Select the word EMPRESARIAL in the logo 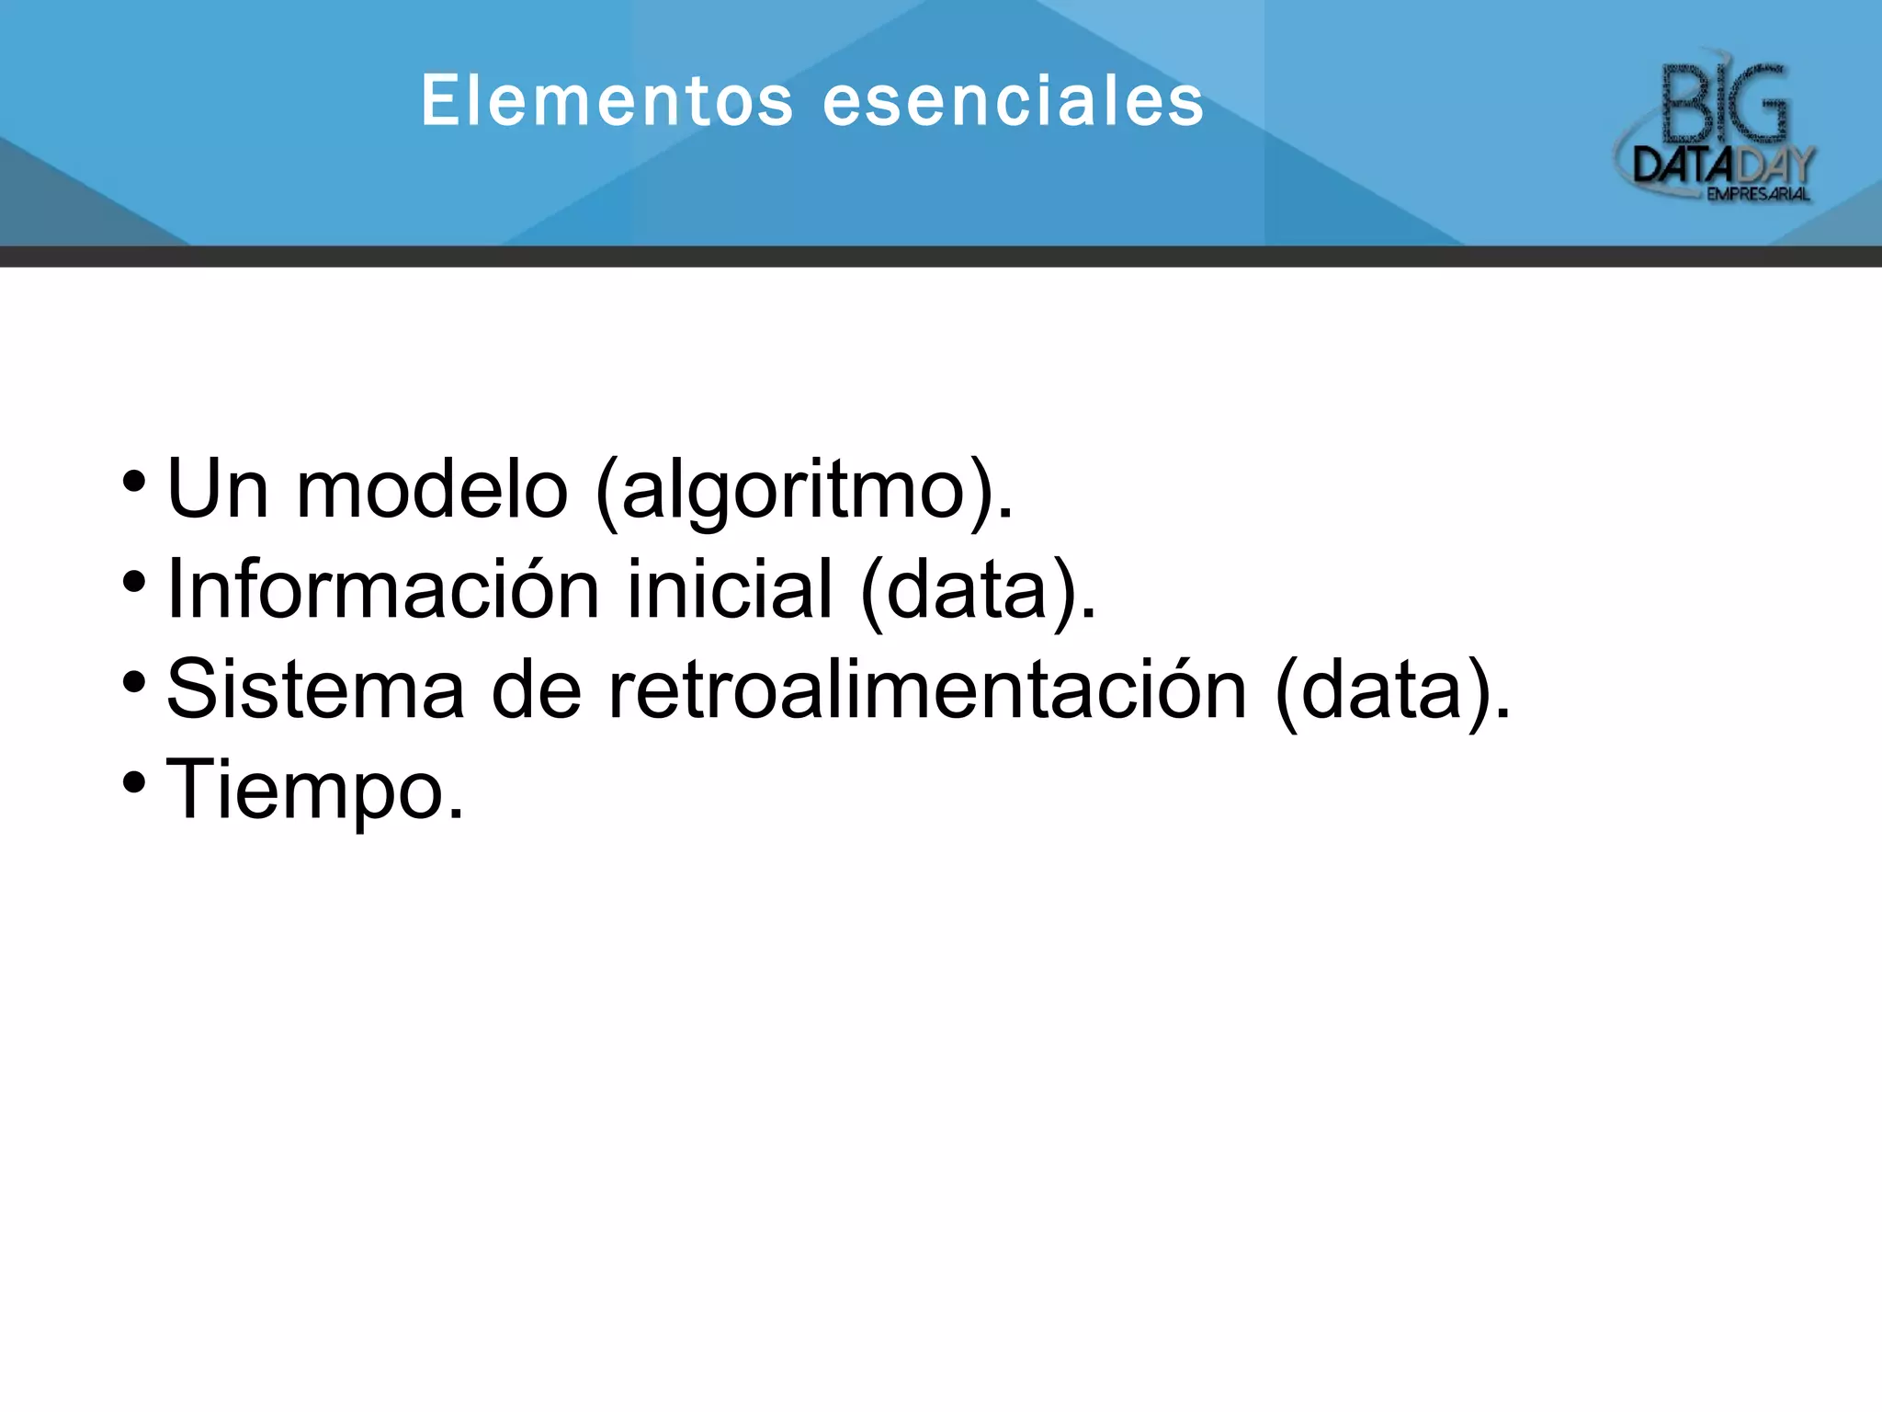[1758, 194]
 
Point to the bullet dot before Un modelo [134, 482]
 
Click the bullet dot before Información [134, 582]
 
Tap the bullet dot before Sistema [134, 682]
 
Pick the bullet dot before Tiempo [134, 782]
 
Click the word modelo [432, 490]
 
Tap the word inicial [730, 588]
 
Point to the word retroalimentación [928, 689]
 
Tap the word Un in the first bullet [218, 490]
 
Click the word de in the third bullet [537, 689]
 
